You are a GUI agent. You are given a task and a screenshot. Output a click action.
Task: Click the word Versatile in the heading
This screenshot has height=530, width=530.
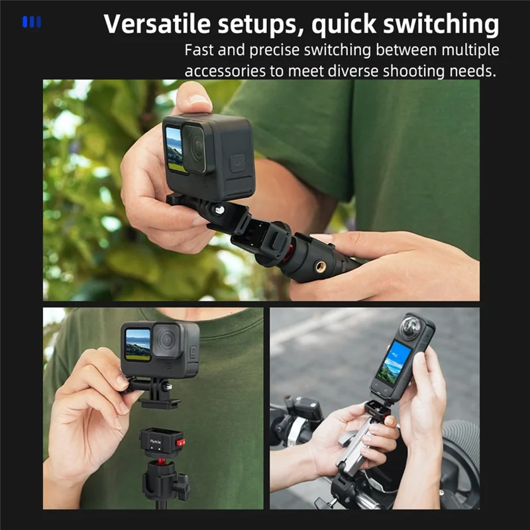click(157, 24)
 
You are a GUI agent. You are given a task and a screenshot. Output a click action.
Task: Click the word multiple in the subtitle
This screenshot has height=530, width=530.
click(470, 51)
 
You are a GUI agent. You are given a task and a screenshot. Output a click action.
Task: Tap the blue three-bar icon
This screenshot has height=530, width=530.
click(31, 22)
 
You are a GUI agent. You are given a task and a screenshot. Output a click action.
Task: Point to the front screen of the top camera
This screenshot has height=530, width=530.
click(175, 148)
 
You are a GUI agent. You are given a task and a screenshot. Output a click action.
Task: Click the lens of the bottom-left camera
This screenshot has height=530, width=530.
click(166, 340)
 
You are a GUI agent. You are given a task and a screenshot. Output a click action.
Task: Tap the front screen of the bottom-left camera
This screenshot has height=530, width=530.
click(138, 344)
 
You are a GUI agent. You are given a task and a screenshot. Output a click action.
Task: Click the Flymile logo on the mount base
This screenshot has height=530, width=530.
click(156, 441)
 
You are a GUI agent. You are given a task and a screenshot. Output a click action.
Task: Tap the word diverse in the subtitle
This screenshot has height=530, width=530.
click(354, 71)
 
